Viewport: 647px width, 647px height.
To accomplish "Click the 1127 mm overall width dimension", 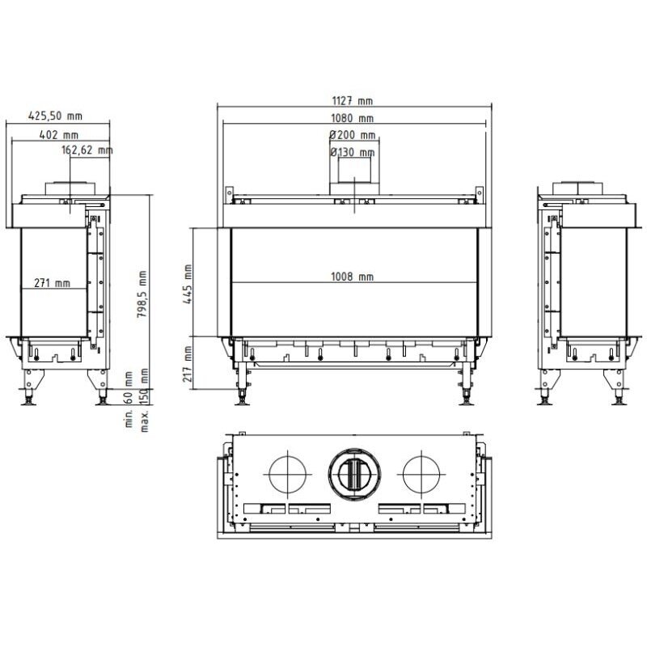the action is [352, 101].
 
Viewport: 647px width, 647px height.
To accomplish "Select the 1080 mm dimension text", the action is [352, 118].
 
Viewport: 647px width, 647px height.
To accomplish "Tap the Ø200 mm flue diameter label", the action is [353, 135].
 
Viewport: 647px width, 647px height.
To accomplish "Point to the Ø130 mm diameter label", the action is [353, 152].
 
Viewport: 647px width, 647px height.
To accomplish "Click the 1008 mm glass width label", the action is [352, 277].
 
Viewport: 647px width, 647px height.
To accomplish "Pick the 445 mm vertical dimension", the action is [188, 285].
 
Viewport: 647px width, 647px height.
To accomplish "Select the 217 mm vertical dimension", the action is [188, 364].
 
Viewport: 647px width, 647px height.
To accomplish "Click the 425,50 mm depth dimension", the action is [55, 116].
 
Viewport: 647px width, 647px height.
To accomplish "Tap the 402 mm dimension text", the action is [58, 135].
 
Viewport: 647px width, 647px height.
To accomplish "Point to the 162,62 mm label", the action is [87, 150].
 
